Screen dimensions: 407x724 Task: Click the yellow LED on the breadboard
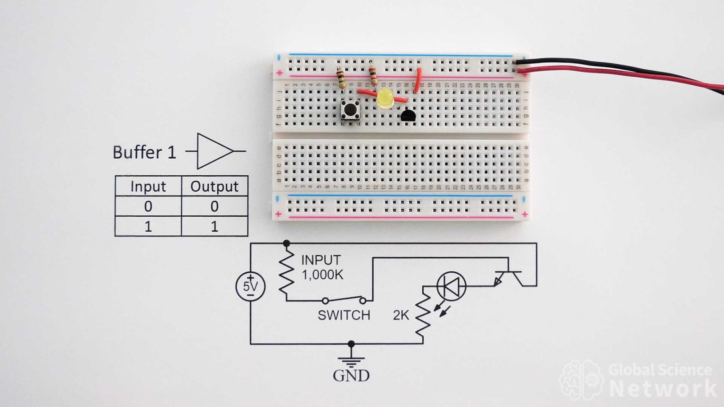(385, 99)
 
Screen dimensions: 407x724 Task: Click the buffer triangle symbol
(214, 151)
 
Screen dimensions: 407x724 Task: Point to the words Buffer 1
(144, 153)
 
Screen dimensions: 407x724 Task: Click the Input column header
(148, 187)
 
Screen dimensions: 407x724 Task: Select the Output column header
(214, 187)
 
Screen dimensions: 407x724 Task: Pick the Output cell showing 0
(214, 206)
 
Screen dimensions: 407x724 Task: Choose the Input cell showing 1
(148, 227)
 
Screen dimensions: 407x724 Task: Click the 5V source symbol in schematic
(250, 286)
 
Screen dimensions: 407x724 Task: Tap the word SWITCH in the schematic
(344, 315)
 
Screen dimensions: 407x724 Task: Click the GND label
(351, 375)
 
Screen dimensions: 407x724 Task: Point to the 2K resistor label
(401, 315)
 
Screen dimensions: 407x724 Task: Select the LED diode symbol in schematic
(452, 286)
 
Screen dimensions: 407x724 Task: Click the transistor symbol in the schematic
(508, 277)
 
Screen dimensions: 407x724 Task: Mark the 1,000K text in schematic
(322, 275)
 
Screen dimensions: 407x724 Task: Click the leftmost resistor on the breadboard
(340, 78)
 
